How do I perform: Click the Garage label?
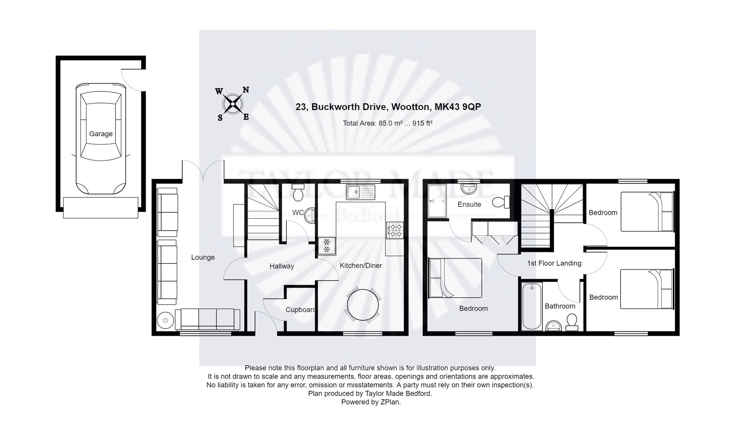coord(101,134)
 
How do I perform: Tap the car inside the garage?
coord(101,139)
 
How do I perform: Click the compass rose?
coord(233,104)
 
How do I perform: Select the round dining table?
coord(363,305)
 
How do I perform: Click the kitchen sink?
coord(360,192)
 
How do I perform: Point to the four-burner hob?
coord(395,230)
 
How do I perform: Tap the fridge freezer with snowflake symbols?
coord(327,245)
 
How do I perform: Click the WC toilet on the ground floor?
coord(297,192)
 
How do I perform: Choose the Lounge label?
coord(203,257)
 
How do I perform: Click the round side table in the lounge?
coord(165,320)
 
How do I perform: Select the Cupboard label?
coord(301,310)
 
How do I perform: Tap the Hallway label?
coord(282,266)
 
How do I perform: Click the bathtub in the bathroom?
coord(531,306)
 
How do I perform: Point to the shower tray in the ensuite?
coord(437,201)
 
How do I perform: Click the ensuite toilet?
coord(501,202)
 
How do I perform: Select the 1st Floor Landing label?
coord(554,263)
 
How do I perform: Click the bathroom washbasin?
coord(553,326)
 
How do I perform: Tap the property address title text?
coord(388,107)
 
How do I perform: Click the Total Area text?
coord(388,123)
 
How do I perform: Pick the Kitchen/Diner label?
coord(361,265)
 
